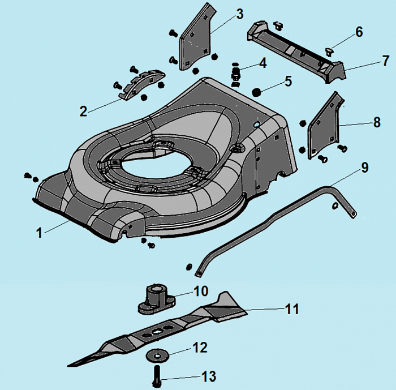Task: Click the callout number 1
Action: pos(39,232)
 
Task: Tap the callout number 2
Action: pos(84,111)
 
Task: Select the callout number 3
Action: pos(223,13)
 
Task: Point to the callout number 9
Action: pos(364,168)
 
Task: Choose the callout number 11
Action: pos(292,309)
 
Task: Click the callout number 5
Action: pos(289,82)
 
